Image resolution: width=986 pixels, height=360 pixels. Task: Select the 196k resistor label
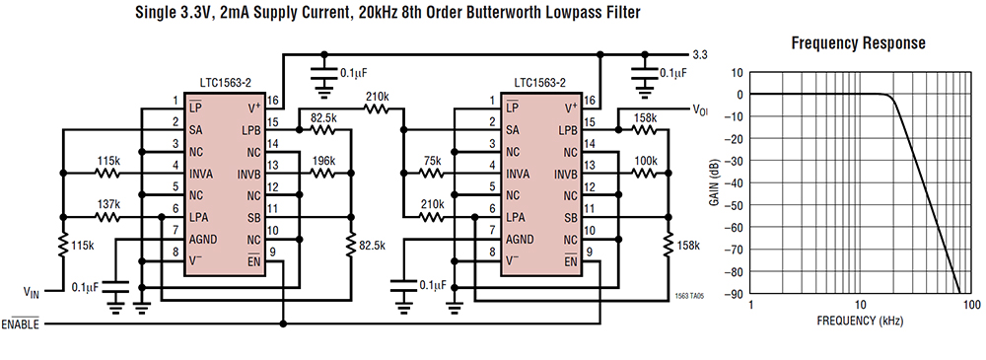[x=322, y=162]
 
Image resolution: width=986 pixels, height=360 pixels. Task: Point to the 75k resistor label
[x=430, y=162]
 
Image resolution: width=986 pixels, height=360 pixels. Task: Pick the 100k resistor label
[x=645, y=162]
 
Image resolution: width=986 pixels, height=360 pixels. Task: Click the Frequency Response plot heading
[x=859, y=43]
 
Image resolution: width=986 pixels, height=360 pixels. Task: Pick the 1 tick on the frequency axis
[x=751, y=306]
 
